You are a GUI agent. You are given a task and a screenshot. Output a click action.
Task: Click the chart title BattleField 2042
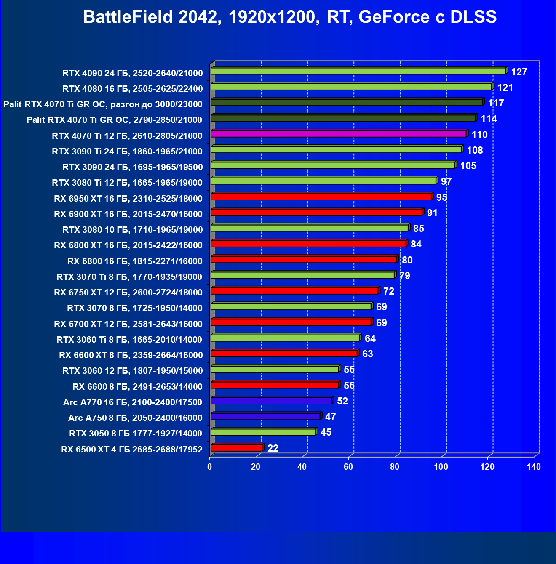(290, 17)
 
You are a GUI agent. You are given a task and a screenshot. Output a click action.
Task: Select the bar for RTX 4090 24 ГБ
(358, 71)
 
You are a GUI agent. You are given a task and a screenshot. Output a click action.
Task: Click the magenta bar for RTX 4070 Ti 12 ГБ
(339, 134)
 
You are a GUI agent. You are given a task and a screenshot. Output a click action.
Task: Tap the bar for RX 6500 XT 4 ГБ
(236, 448)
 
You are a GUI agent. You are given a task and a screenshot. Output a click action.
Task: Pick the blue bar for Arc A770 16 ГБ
(272, 401)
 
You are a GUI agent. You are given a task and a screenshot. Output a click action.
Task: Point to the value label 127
(519, 72)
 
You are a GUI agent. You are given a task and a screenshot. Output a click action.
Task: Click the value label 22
(273, 448)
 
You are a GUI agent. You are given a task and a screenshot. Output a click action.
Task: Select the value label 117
(496, 103)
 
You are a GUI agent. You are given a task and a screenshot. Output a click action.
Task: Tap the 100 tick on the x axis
(441, 467)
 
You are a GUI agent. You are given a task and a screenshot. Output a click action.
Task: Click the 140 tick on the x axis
(534, 467)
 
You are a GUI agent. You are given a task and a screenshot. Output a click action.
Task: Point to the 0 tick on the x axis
(210, 467)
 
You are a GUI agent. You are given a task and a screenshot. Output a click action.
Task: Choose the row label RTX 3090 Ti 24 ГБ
(127, 152)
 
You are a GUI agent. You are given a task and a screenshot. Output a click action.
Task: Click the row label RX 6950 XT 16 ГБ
(128, 199)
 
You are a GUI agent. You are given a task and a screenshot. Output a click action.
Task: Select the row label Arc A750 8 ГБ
(135, 418)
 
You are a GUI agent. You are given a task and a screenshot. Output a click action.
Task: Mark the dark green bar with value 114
(343, 118)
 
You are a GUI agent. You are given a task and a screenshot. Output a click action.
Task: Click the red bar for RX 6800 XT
(308, 244)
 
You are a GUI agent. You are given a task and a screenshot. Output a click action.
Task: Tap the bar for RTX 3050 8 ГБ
(263, 432)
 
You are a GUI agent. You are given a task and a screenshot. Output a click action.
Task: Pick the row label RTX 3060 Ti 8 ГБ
(129, 340)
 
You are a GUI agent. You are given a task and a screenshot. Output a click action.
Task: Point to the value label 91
(432, 213)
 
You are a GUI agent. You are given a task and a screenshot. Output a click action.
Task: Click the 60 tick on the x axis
(348, 467)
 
